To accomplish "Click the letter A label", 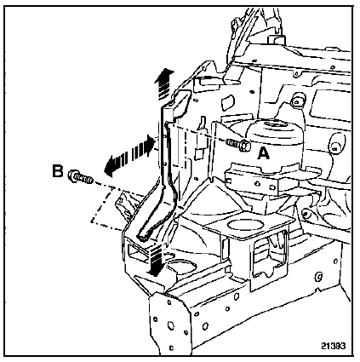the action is tap(264, 153).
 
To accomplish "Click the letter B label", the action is tap(58, 171).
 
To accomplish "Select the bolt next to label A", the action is tap(238, 145).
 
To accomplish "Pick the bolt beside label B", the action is tap(81, 177).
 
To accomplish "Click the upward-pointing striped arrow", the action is tap(164, 83).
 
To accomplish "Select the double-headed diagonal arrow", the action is tap(129, 156).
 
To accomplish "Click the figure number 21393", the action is tap(334, 346).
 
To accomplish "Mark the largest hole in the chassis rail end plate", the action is tap(171, 325).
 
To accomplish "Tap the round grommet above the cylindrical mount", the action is tap(298, 100).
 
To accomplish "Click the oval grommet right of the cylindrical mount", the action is tap(337, 145).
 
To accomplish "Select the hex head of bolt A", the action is tap(245, 146).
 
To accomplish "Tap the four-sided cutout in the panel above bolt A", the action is tap(228, 103).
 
